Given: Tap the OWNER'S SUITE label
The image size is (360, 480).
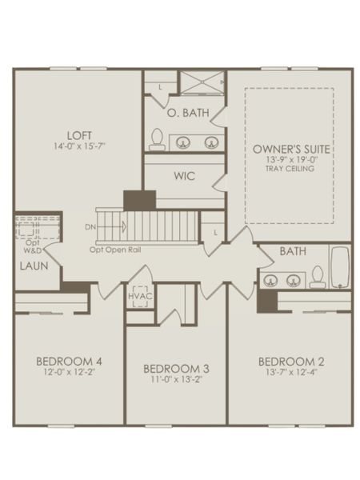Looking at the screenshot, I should coord(291,149).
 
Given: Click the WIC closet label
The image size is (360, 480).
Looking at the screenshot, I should coord(185,175).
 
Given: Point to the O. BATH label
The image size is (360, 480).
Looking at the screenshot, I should coord(187,113).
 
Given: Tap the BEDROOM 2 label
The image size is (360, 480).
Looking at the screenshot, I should coord(290,361).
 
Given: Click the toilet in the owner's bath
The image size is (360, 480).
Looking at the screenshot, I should coord(157,138).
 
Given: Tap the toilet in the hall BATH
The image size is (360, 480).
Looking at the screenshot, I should coord(318,276).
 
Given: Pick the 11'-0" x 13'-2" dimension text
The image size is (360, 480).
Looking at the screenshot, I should coord(176,380).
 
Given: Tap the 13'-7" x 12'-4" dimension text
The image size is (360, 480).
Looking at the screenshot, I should coord(290,372).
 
